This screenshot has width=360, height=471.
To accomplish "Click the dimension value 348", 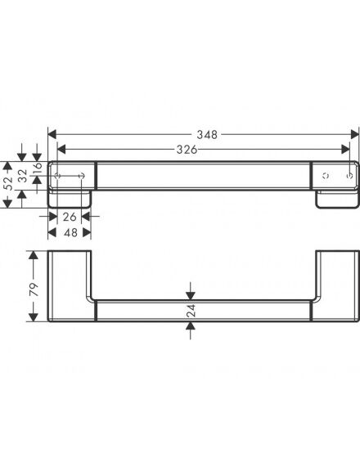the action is pyautogui.click(x=207, y=135).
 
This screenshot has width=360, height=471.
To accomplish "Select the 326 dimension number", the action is pyautogui.click(x=187, y=150).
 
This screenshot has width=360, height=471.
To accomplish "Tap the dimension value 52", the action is pyautogui.click(x=8, y=183).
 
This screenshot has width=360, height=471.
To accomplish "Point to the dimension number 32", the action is pyautogui.click(x=23, y=176).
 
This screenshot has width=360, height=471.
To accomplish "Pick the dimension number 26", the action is pyautogui.click(x=70, y=217).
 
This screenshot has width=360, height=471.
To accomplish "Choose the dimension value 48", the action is pyautogui.click(x=70, y=232).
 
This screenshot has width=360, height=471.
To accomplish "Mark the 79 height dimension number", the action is pyautogui.click(x=34, y=289).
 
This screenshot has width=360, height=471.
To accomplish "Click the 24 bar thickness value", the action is pyautogui.click(x=191, y=311).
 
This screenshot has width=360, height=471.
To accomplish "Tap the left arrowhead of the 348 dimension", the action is pyautogui.click(x=52, y=135).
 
